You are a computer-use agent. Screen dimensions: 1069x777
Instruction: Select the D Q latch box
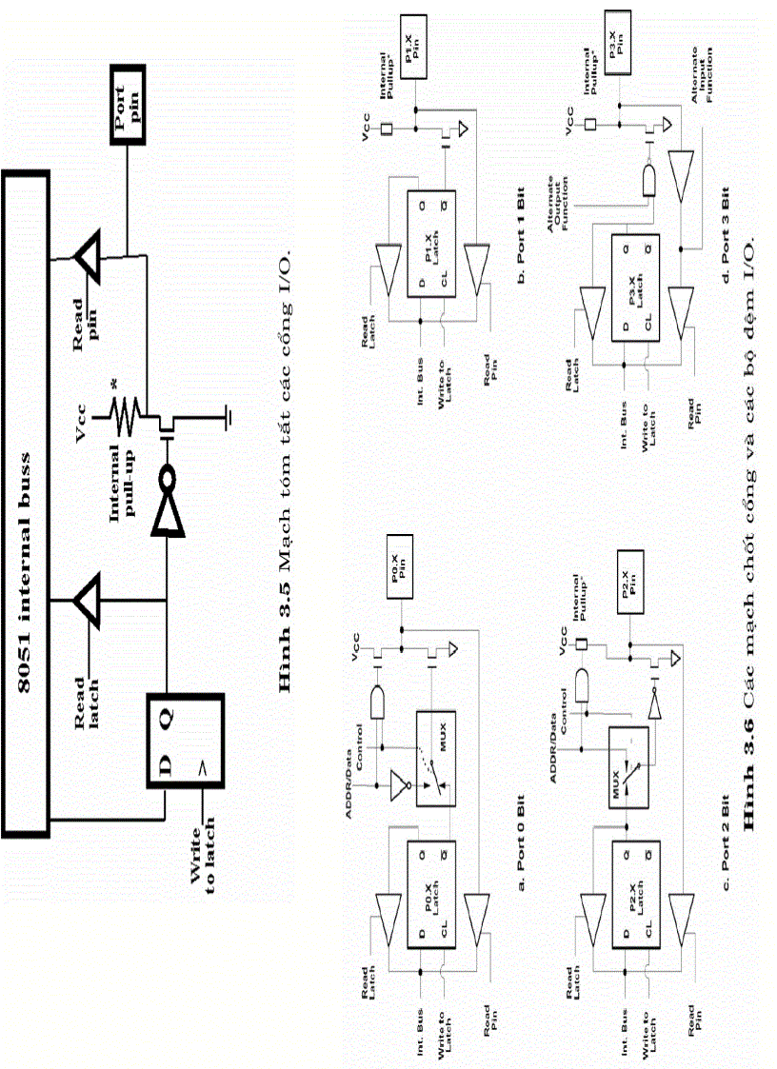click(x=185, y=742)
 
